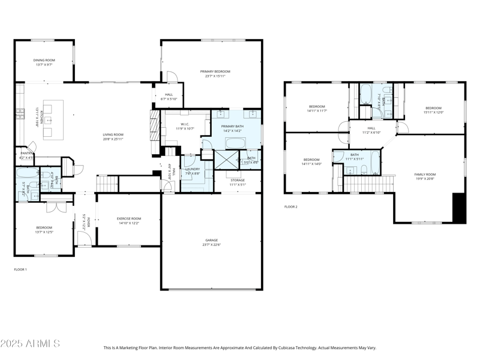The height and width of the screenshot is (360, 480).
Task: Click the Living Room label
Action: [x=113, y=136]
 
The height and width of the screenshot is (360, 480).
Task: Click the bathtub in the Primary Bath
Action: [x=235, y=143]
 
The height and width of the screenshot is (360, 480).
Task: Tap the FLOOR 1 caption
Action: [x=20, y=269]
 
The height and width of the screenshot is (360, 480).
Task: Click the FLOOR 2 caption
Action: [x=290, y=207]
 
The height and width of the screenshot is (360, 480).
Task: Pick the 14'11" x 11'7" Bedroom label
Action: [x=316, y=109]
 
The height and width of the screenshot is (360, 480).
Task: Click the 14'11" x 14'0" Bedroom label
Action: [x=312, y=161]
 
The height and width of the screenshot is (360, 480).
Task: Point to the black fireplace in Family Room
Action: [x=459, y=208]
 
